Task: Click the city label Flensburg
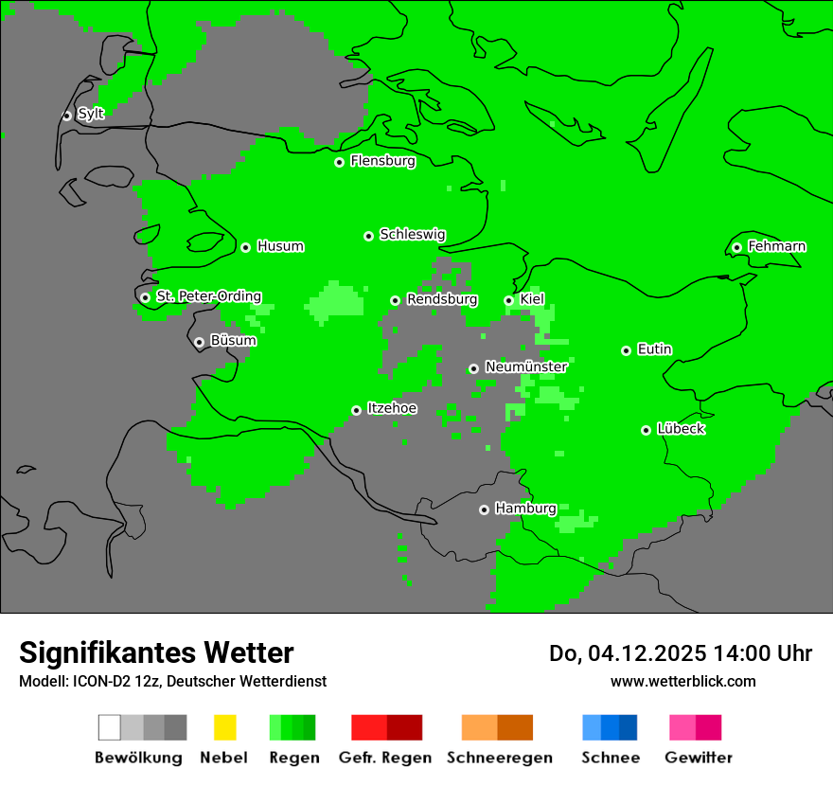tap(382, 161)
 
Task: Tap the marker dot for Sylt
tap(66, 116)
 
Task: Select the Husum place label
tap(280, 246)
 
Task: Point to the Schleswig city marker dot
tap(368, 236)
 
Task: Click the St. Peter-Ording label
tap(208, 296)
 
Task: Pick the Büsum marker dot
tap(199, 342)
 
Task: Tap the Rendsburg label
tap(442, 299)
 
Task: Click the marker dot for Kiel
tap(508, 300)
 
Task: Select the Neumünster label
tap(526, 366)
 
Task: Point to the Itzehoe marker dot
tap(356, 410)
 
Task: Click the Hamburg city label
tap(525, 509)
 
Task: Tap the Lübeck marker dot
tap(646, 430)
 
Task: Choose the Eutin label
tap(654, 349)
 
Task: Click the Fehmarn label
tap(776, 246)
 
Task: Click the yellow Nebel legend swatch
tap(224, 727)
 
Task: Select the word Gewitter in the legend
tap(698, 758)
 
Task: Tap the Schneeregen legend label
tap(499, 758)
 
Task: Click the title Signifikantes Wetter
tap(156, 652)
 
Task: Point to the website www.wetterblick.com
tap(682, 681)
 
